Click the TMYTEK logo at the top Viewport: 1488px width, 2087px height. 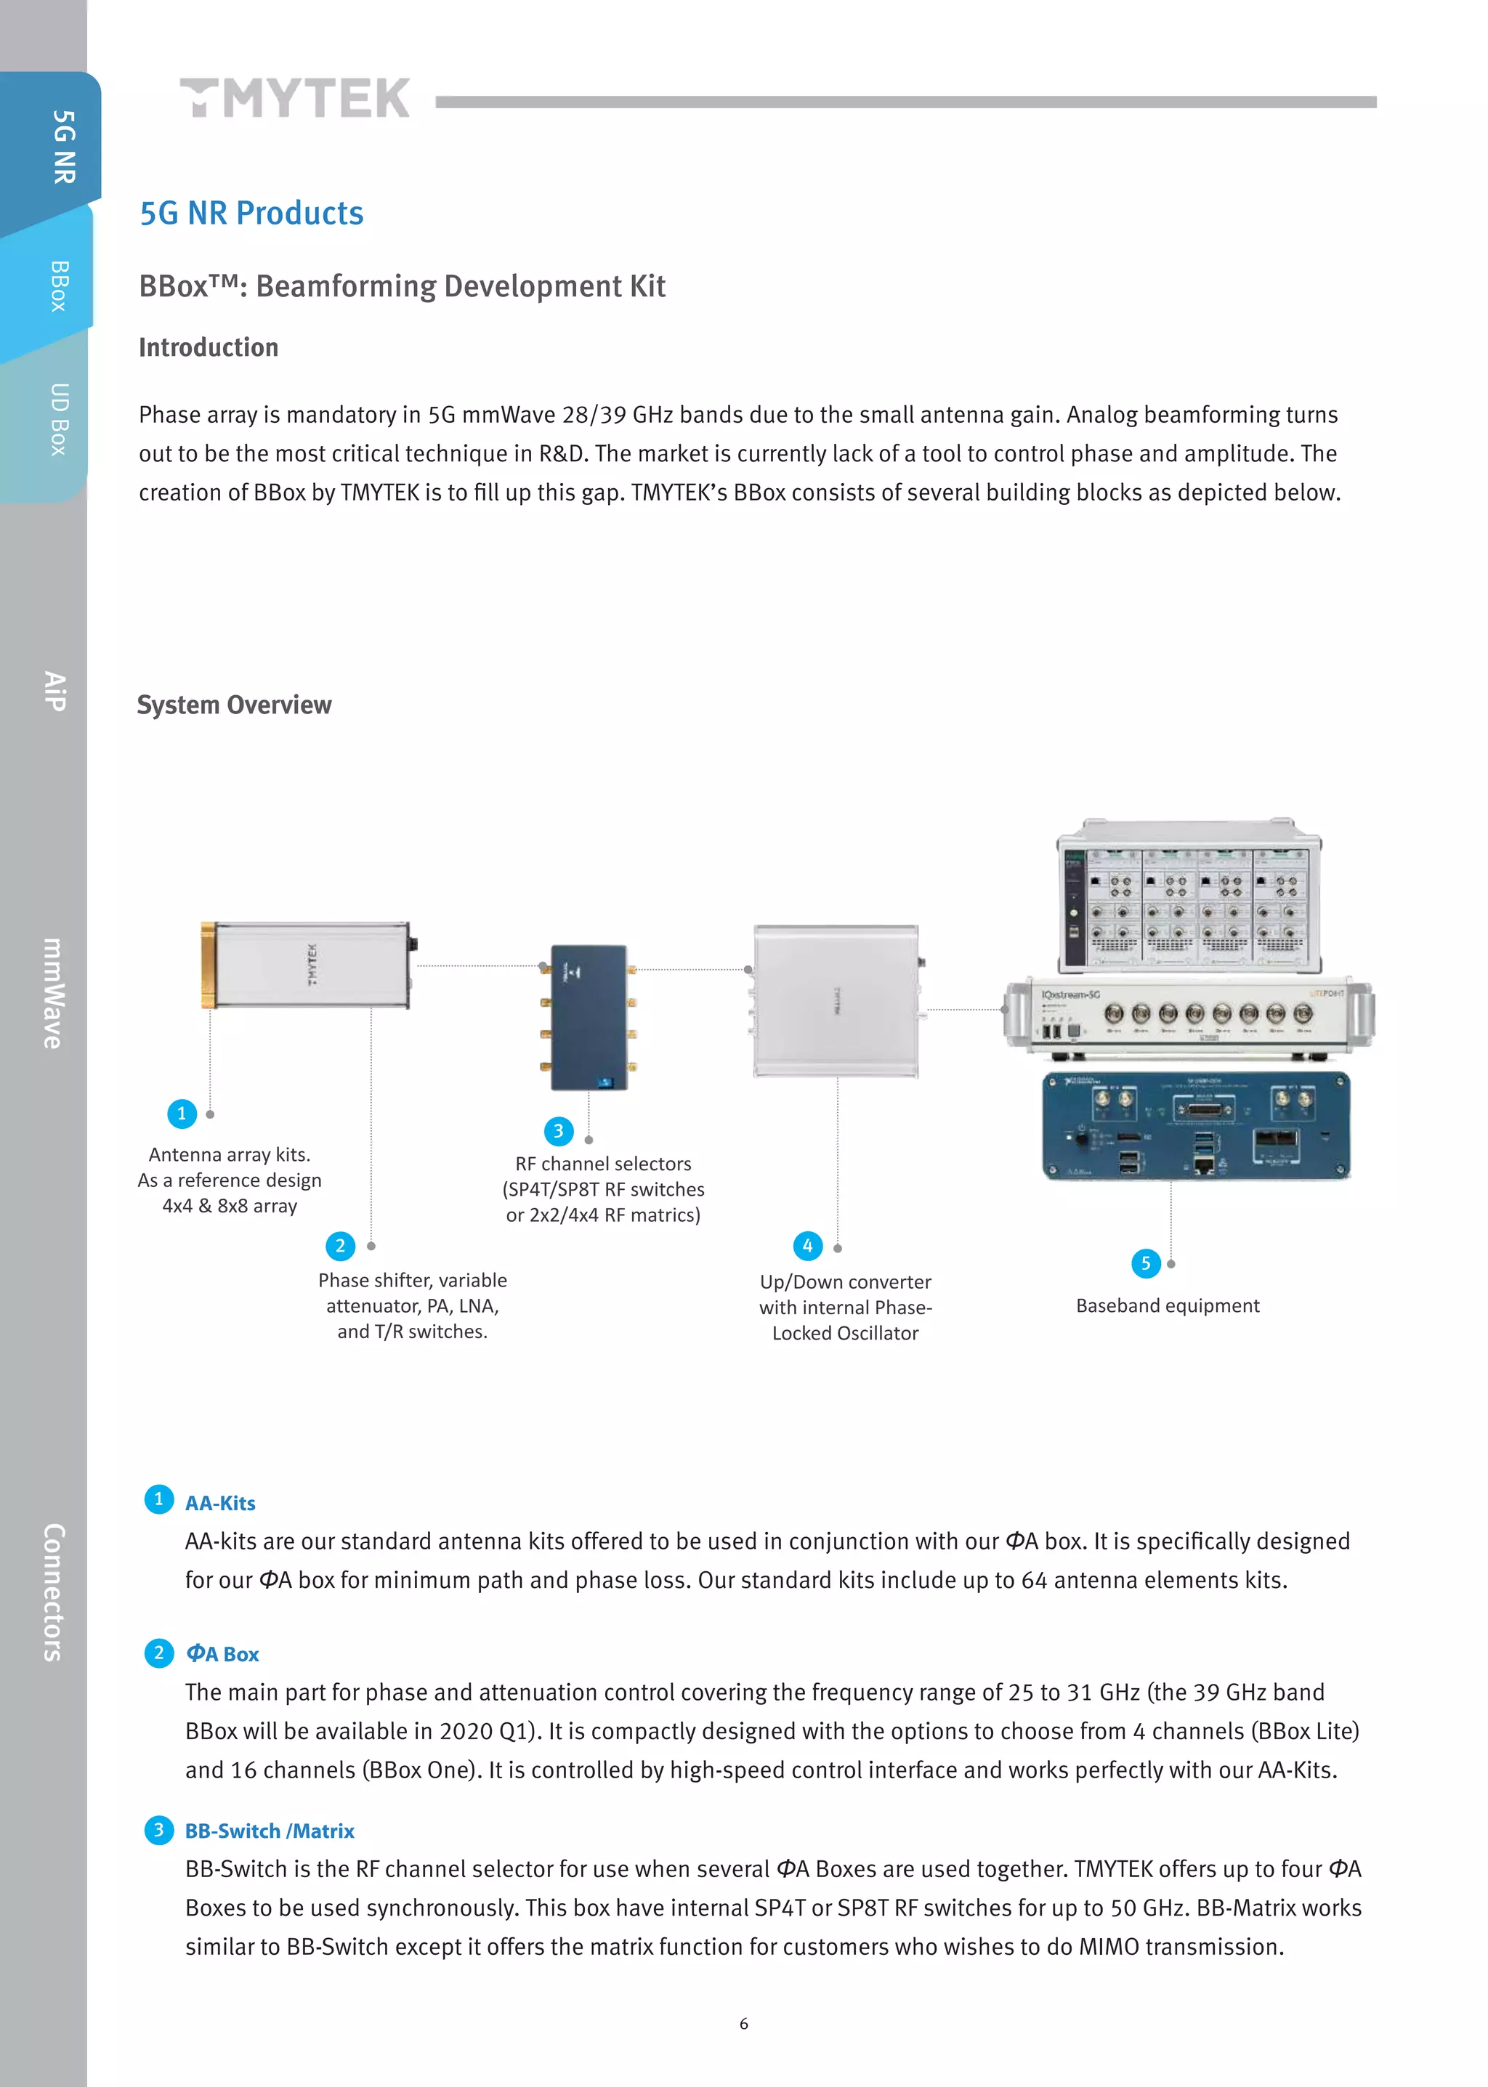tap(295, 98)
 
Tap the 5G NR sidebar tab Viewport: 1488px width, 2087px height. tap(62, 147)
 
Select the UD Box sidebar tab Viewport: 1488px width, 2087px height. tap(57, 420)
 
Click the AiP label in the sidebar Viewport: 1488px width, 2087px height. tap(55, 691)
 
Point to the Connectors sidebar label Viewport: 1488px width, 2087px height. tap(53, 1592)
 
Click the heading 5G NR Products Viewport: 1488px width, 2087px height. tap(251, 213)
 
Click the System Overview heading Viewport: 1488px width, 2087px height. tap(234, 705)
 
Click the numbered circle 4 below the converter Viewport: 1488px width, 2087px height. tap(807, 1245)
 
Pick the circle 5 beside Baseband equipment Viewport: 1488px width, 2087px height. tap(1145, 1263)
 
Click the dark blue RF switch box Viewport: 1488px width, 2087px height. tap(589, 1017)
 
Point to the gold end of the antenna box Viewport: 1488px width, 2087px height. tap(209, 965)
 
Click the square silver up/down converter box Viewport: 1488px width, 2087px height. tap(836, 1000)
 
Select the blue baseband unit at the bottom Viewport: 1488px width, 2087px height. tap(1196, 1126)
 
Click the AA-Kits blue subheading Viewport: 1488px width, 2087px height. tap(220, 1502)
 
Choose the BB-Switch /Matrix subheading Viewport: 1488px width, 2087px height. tap(270, 1831)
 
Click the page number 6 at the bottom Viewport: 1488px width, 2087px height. tap(744, 2023)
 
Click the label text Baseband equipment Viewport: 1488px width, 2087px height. tap(1168, 1305)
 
